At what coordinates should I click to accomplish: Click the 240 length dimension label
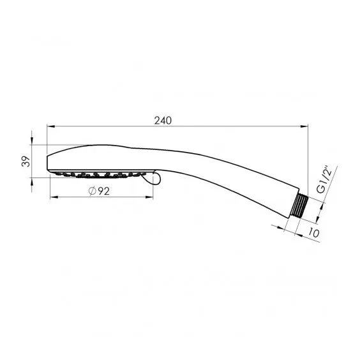point(163,121)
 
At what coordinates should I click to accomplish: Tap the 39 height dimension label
point(26,161)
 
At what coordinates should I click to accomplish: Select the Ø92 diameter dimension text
point(99,191)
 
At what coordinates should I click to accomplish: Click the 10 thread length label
point(313,233)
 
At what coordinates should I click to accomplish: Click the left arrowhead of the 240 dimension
point(50,126)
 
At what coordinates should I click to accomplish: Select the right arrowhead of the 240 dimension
point(304,126)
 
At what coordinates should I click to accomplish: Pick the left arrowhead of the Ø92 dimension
point(54,197)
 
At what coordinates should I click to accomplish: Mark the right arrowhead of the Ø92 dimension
point(149,197)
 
